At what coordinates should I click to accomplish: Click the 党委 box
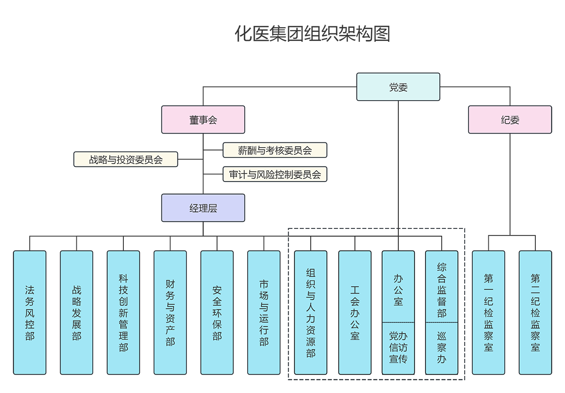398,87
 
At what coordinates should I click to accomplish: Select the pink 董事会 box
203,119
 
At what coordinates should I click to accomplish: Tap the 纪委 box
510,119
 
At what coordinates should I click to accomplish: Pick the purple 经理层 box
203,208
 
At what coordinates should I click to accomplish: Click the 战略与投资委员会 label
126,159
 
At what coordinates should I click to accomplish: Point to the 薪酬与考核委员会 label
274,150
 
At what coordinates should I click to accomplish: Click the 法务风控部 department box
30,313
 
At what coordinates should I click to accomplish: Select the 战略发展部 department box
76,313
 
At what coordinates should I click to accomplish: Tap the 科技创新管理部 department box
123,313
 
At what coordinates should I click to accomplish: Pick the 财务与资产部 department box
170,313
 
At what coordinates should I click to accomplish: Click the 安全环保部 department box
217,313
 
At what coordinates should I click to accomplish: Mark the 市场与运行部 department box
264,313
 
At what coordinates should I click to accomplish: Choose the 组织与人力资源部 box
310,313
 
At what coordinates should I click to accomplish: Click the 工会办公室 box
355,313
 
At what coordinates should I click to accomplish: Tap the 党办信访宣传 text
398,348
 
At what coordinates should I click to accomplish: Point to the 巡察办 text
441,348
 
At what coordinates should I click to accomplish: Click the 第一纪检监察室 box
488,313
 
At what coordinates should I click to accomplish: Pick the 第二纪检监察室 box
535,313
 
